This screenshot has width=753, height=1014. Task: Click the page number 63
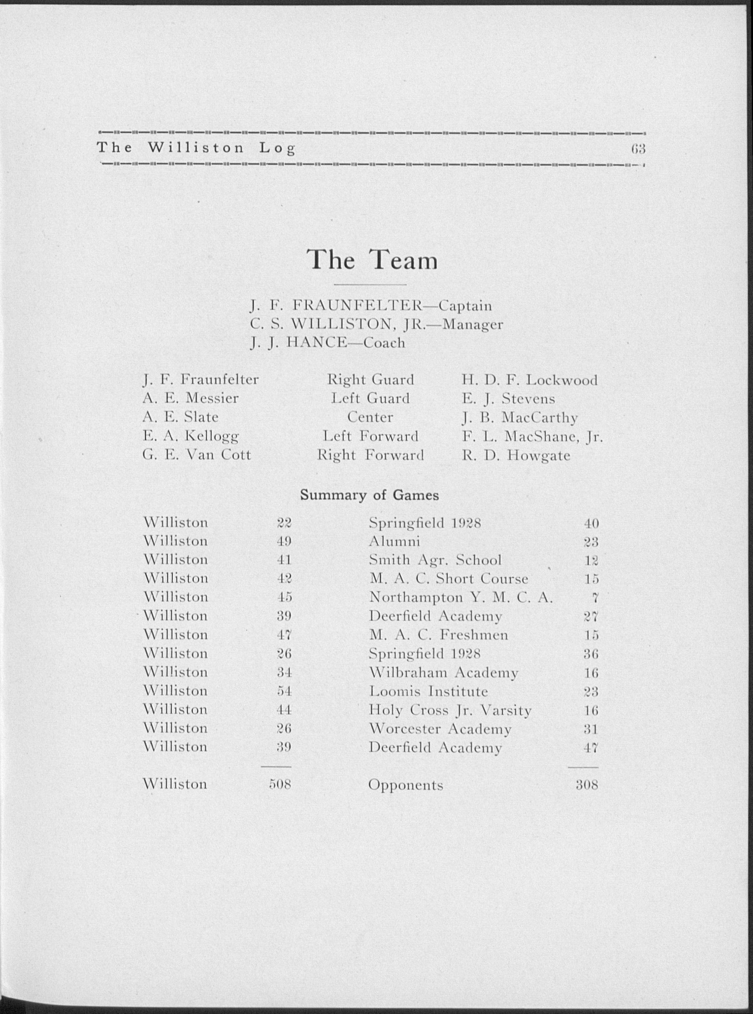(638, 149)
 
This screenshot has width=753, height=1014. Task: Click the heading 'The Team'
(372, 260)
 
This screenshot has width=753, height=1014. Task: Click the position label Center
(370, 417)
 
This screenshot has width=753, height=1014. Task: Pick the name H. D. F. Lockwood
(529, 380)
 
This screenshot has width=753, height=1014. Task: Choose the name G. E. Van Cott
(197, 454)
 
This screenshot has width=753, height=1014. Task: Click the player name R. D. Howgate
(516, 455)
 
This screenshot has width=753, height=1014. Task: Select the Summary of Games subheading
(369, 495)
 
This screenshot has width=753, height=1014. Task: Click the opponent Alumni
(394, 541)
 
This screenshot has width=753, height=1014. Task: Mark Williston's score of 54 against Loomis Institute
(284, 691)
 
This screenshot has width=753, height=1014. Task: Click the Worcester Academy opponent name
(440, 729)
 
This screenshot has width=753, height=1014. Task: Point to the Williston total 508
(280, 784)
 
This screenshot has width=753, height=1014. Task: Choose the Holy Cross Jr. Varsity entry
(450, 710)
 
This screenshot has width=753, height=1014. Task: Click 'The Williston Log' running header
(197, 148)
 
